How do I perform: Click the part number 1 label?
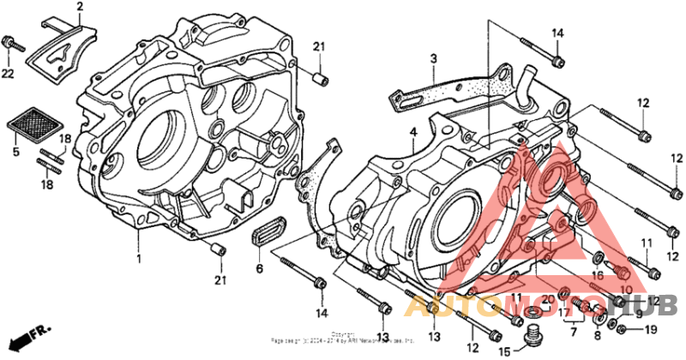138,257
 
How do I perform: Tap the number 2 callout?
80,8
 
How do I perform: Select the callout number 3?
434,58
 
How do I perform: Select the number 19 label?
650,329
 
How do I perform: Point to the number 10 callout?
625,290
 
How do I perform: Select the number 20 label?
548,298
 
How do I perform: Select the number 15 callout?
504,351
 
